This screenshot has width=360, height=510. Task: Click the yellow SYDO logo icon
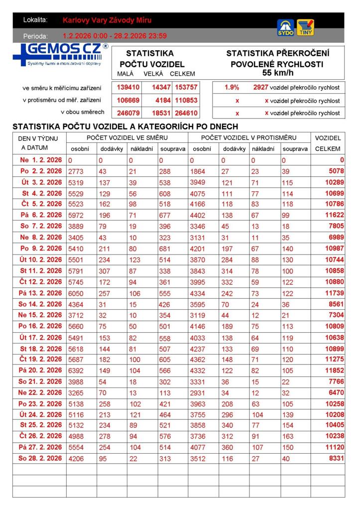tap(285, 27)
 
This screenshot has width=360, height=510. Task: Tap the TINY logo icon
tap(305, 27)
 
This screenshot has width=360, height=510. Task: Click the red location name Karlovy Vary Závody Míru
tap(107, 20)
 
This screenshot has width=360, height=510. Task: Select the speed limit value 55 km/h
tap(277, 73)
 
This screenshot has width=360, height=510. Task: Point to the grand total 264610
tap(186, 113)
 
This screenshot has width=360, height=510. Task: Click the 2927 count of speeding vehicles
tap(260, 87)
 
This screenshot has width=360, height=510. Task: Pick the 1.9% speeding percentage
tap(232, 87)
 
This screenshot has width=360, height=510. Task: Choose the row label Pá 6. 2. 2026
tap(41, 215)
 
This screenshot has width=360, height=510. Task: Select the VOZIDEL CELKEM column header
tap(328, 143)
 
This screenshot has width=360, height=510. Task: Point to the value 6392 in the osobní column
tap(76, 371)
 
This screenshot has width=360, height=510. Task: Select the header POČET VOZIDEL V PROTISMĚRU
tap(248, 137)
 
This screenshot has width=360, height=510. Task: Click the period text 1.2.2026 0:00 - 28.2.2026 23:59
tap(115, 36)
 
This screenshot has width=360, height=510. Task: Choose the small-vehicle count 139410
tap(128, 87)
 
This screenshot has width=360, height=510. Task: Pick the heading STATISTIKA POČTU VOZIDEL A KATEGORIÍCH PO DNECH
tap(125, 127)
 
